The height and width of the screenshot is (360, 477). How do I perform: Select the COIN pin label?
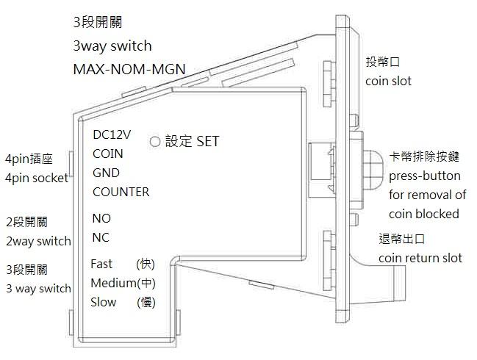pos(108,154)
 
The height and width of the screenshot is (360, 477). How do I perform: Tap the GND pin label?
pos(107,173)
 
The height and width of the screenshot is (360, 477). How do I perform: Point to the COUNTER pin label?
pos(121,192)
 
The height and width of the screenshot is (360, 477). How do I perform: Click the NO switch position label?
pos(101,219)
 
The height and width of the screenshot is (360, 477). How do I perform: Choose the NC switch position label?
pos(101,238)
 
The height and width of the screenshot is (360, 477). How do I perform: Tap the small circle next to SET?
pos(155,140)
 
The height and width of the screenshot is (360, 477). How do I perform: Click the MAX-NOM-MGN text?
pos(129,70)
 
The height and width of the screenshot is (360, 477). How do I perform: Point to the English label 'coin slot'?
pos(388,81)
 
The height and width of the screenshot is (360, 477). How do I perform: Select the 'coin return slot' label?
pos(420,258)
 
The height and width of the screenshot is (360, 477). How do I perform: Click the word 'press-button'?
pos(425,176)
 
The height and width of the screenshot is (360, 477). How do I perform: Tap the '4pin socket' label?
pos(37,178)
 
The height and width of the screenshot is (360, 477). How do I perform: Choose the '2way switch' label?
pos(38,241)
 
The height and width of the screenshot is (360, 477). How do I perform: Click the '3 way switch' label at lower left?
pos(38,288)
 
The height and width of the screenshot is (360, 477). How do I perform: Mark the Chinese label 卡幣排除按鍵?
pos(425,157)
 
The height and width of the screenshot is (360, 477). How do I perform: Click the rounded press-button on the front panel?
pos(373,165)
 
